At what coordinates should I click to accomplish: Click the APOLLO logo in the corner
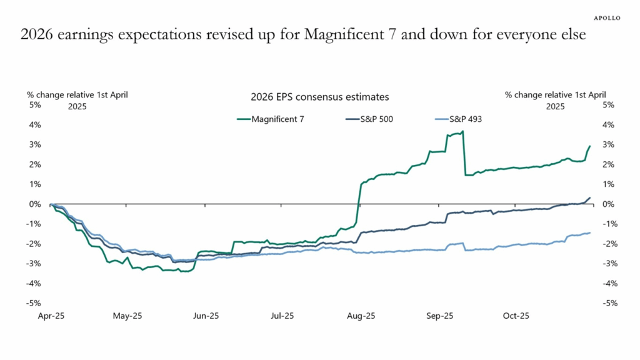point(606,18)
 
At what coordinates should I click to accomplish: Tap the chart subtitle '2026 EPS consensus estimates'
point(319,97)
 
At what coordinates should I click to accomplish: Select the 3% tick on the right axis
point(609,144)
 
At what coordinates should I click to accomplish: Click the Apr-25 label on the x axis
point(51,316)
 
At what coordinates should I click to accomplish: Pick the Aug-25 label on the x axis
point(361,316)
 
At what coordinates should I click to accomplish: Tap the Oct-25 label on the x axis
point(516,316)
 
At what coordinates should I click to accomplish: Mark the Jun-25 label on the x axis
point(206,316)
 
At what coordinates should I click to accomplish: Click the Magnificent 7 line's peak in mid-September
point(462,131)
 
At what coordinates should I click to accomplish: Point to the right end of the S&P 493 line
point(589,233)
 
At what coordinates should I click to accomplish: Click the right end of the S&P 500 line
point(590,197)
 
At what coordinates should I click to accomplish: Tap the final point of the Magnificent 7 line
point(590,146)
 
